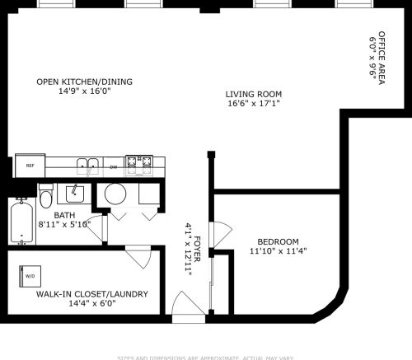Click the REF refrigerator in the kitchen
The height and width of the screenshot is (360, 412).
[x=30, y=166]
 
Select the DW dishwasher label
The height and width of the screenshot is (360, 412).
[x=114, y=166]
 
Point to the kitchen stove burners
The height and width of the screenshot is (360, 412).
[x=139, y=166]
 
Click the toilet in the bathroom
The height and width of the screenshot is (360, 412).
[x=46, y=197]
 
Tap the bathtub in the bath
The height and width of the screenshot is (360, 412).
[x=22, y=222]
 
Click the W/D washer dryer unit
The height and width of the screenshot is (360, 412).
[x=30, y=276]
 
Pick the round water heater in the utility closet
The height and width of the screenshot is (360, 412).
[x=115, y=195]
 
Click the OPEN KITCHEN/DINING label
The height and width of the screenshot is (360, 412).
[x=84, y=82]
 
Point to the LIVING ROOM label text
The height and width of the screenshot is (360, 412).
[x=254, y=94]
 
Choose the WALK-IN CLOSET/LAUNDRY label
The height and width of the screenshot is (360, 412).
[x=91, y=294]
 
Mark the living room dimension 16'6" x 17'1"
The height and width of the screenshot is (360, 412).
[x=254, y=105]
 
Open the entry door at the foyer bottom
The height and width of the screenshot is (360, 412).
[x=188, y=311]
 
